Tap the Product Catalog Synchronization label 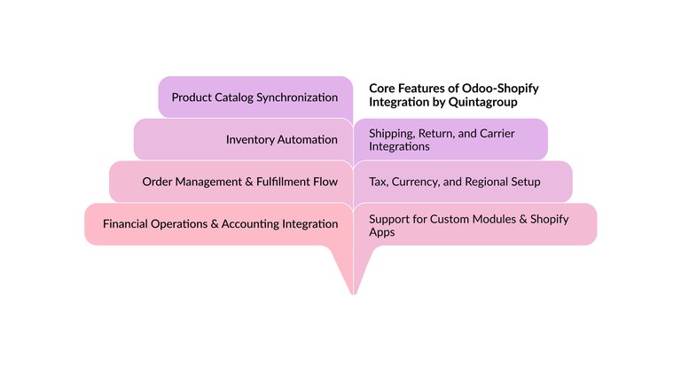[254, 97]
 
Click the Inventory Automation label [281, 139]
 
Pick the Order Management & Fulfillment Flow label [239, 182]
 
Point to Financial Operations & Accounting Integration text [220, 224]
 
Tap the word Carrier [495, 133]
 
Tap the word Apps [381, 232]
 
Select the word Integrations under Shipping [399, 146]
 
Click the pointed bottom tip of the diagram [353, 292]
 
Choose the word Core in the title [383, 89]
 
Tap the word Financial [127, 224]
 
